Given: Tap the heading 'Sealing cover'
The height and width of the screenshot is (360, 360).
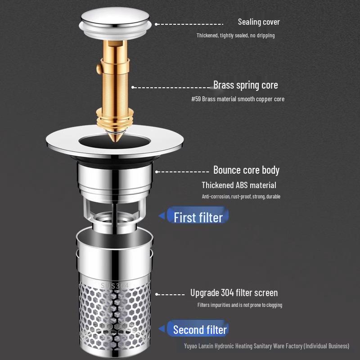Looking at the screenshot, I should [259, 22].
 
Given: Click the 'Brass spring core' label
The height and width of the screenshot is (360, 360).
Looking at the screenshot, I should [245, 85].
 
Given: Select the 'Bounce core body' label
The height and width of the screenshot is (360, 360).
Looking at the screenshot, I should [246, 170].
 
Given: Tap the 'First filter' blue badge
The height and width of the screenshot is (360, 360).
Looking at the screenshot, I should [198, 217].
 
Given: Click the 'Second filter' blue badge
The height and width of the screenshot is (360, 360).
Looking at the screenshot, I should [200, 329].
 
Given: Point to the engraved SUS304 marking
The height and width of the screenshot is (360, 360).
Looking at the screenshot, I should [114, 286].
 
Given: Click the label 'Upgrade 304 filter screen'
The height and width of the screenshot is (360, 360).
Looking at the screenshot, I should [234, 293].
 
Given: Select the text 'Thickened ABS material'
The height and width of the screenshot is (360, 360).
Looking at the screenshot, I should [238, 185].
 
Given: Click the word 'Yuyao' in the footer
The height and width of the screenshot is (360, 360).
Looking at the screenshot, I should [192, 346].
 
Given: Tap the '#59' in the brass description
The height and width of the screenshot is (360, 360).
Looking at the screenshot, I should [196, 99].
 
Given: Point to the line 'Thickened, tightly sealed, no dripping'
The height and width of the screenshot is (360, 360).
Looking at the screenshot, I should [235, 35].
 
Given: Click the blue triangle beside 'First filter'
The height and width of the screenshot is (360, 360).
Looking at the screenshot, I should [162, 216].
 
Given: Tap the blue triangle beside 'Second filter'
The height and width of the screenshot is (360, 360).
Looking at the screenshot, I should [162, 329].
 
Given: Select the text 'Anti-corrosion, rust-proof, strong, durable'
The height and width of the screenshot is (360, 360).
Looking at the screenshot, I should [241, 197].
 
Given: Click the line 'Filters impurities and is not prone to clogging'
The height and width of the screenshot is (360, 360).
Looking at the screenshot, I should [239, 305].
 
